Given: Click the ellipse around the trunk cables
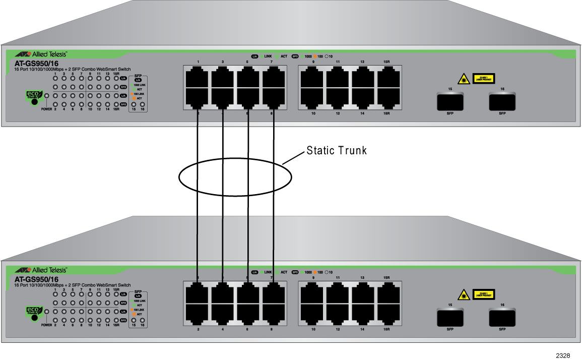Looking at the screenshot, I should (x=235, y=176).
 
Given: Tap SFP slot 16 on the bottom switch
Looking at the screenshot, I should (x=502, y=319).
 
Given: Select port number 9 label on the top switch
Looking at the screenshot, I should (x=313, y=62).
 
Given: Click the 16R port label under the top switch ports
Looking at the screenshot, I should (x=386, y=115).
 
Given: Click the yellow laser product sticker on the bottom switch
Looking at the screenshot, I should (x=483, y=294).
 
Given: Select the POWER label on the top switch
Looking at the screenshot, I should (x=47, y=109).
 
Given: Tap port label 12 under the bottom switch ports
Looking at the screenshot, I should (x=338, y=329).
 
